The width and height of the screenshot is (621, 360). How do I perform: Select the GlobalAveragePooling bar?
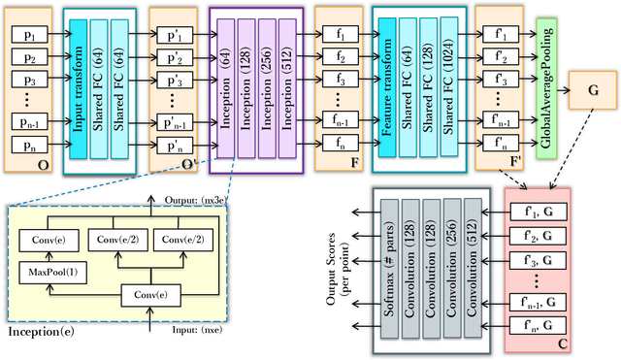click(x=545, y=85)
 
